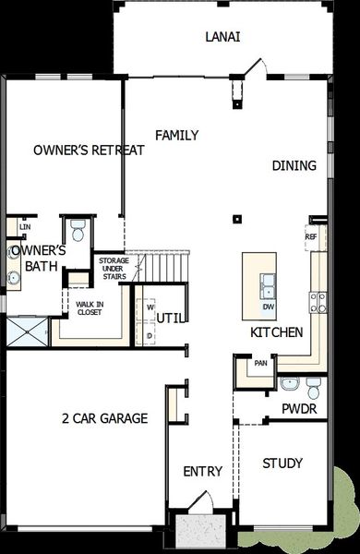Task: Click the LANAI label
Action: pos(222,37)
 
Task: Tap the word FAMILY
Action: pos(176,136)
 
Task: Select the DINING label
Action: pos(294,166)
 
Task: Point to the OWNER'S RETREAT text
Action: pos(89,151)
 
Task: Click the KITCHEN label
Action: pos(277,332)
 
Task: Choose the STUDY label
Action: pos(282,464)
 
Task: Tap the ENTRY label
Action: pos(202,472)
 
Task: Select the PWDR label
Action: pos(300,408)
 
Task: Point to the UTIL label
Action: pos(169,318)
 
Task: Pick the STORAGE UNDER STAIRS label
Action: pos(114,269)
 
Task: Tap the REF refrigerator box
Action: pos(311,236)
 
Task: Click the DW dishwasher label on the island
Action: pos(268,306)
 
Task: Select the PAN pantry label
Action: pos(261,363)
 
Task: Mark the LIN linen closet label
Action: pos(24,226)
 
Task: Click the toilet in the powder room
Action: pos(314,384)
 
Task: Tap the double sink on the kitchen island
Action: pos(268,283)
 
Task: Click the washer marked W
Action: pos(149,307)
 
